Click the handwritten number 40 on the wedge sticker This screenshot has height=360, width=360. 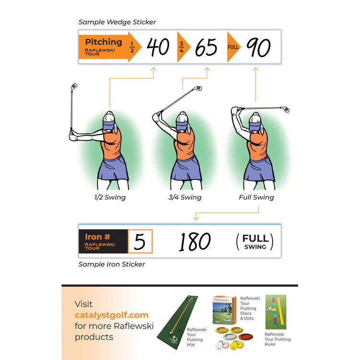click(x=158, y=47)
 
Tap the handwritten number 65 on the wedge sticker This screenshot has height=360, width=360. click(x=206, y=47)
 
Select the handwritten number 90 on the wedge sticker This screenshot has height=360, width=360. click(x=258, y=47)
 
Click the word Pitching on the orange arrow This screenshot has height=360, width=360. click(x=104, y=42)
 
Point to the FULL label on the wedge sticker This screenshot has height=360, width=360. click(x=234, y=47)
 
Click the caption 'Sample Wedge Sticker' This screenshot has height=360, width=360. click(x=117, y=22)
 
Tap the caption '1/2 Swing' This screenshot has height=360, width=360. click(x=110, y=197)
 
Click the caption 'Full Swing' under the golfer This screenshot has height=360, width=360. click(x=256, y=197)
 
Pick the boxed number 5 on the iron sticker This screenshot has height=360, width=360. click(x=140, y=241)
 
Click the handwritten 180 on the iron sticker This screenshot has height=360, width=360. click(x=195, y=241)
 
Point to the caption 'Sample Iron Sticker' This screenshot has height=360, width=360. click(x=112, y=264)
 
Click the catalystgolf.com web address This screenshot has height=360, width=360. click(x=111, y=315)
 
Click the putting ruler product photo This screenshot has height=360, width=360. click(x=276, y=312)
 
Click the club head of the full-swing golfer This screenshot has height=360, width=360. click(x=287, y=110)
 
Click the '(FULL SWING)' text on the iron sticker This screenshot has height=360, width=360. click(x=254, y=241)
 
